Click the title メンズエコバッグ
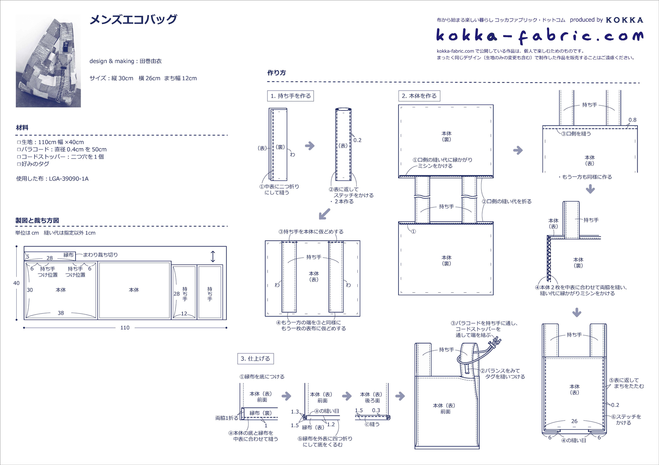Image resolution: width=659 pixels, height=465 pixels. click(x=133, y=19)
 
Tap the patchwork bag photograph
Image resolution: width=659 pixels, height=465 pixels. click(x=48, y=61)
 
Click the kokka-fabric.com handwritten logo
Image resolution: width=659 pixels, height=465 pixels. click(x=540, y=36)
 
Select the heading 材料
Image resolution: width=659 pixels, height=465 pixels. click(x=22, y=127)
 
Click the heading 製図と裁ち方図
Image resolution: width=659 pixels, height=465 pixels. click(x=37, y=220)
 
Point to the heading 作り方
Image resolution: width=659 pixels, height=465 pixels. click(x=276, y=72)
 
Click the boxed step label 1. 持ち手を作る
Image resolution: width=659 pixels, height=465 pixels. click(x=290, y=96)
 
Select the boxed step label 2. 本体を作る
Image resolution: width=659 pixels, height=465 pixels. click(x=419, y=96)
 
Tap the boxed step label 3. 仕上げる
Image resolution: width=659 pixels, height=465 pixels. click(x=255, y=358)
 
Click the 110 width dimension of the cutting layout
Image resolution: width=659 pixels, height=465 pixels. click(x=125, y=328)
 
